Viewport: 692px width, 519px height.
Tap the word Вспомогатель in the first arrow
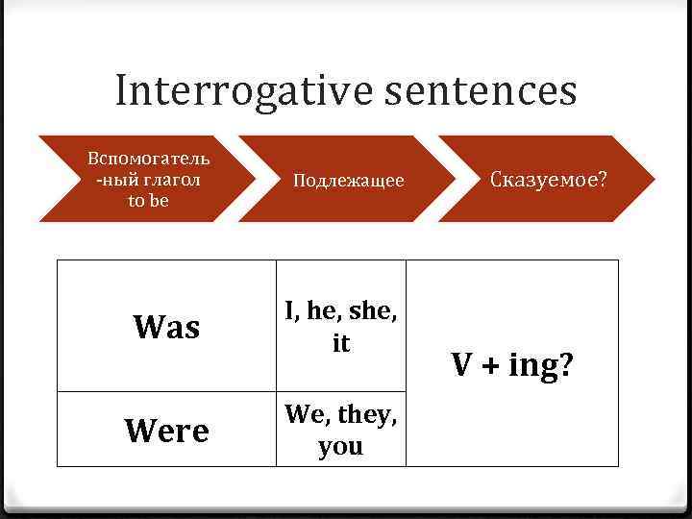[148, 158]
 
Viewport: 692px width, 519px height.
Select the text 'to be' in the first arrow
[148, 201]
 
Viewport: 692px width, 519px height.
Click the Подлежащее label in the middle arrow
[348, 181]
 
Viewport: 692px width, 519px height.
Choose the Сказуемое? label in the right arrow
[549, 179]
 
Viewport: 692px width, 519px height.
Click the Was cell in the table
[166, 327]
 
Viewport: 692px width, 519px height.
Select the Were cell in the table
[166, 431]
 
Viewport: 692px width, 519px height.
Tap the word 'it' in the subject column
[341, 343]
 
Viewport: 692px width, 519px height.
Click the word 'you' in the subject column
[341, 447]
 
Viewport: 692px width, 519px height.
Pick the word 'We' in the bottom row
[304, 414]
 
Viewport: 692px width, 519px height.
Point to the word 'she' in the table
[372, 310]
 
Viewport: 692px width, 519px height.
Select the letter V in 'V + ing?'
[462, 365]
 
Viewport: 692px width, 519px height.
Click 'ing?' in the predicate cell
[541, 366]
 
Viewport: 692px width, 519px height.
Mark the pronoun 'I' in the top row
[289, 310]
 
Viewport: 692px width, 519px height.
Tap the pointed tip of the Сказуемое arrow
[654, 179]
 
